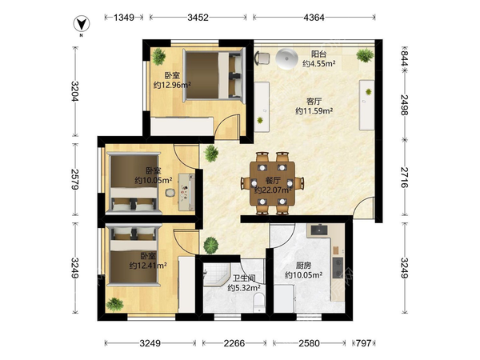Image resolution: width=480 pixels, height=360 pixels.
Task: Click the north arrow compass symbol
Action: (82, 25)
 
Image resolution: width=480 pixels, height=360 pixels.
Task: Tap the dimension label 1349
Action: (124, 18)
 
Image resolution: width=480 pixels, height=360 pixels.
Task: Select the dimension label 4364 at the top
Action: (314, 18)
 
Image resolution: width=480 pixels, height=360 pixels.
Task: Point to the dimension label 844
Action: (405, 58)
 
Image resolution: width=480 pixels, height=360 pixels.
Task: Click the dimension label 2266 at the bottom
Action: (234, 343)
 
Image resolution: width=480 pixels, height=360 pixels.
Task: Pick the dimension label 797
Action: (364, 343)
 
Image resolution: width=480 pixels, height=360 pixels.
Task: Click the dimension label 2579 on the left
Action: (75, 178)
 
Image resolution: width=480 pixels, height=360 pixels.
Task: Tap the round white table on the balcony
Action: (286, 58)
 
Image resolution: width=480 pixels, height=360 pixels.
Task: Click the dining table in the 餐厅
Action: (273, 184)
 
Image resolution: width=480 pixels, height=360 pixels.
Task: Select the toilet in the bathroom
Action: (259, 302)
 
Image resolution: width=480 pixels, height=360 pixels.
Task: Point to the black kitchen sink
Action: (319, 230)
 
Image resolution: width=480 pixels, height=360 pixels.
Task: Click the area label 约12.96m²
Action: (172, 85)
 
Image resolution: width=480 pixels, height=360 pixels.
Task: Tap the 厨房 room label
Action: (303, 265)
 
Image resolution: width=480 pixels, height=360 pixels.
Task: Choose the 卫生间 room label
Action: (244, 278)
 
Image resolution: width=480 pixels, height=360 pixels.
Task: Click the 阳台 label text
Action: (318, 54)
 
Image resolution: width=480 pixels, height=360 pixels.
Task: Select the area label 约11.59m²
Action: (314, 111)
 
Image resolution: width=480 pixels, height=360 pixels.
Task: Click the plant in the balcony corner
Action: (365, 55)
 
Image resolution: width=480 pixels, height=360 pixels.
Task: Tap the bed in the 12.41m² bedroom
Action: (134, 256)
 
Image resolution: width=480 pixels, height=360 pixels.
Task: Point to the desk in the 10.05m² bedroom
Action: (186, 192)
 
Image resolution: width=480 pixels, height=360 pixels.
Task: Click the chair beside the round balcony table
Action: (262, 58)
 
